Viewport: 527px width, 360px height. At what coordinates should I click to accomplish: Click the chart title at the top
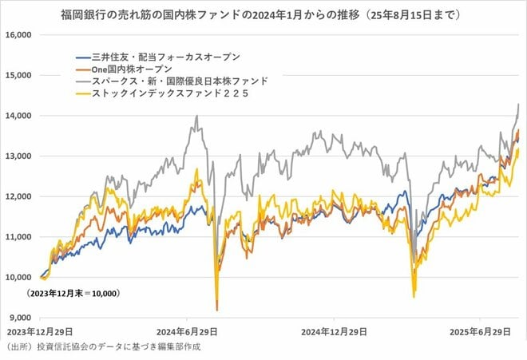tap(263, 15)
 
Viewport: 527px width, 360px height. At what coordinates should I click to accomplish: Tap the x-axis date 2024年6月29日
tap(187, 330)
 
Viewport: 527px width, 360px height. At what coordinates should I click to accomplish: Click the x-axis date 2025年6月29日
tap(479, 330)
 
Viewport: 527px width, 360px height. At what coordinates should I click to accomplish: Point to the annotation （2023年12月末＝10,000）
tap(73, 295)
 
